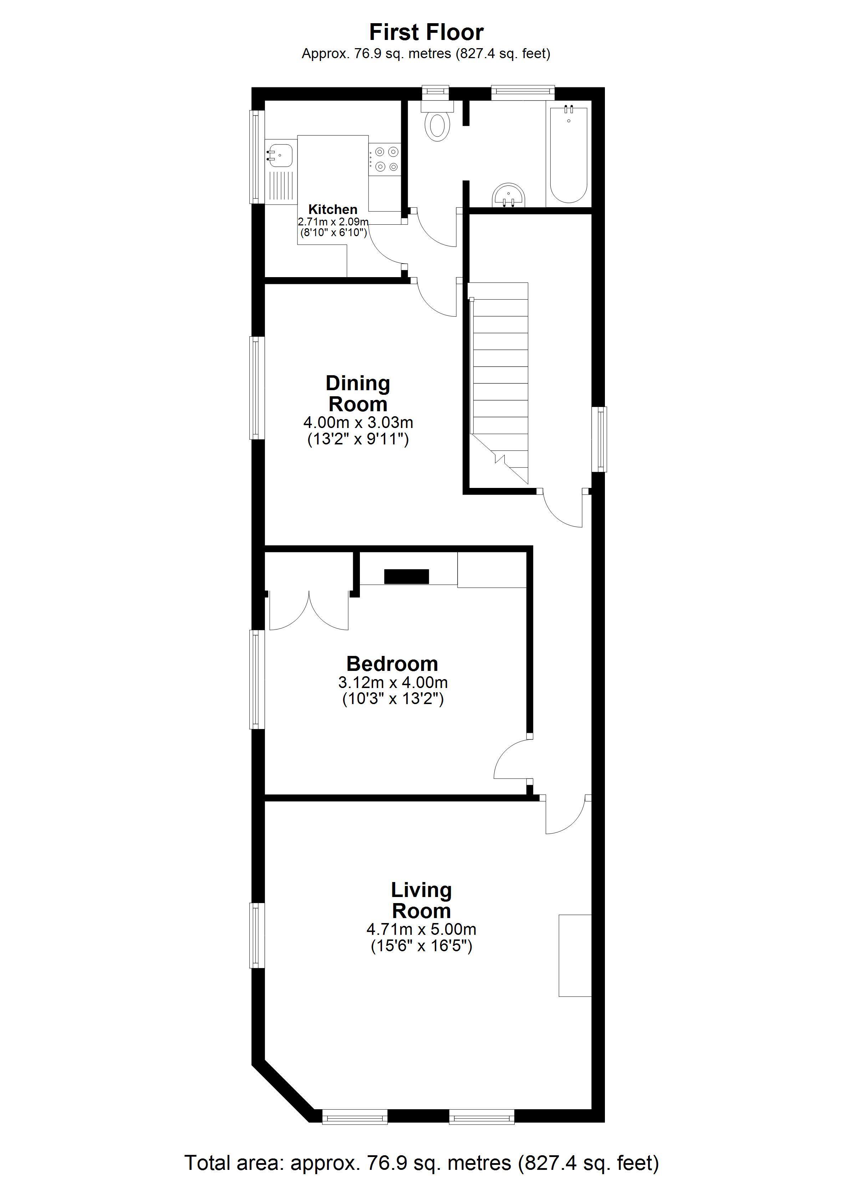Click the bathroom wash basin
pos(509,195)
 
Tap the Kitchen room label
pos(333,210)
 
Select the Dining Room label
pos(358,394)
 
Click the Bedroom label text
pos(392,664)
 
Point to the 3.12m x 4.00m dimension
pos(393,682)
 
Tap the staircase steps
pos(499,383)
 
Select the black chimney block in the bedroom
pos(407,577)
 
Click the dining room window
pos(255,388)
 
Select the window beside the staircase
pos(601,439)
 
